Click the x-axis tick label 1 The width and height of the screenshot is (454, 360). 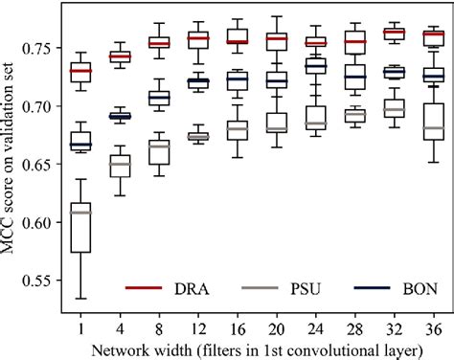(80, 326)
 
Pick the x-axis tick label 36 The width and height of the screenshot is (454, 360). (433, 326)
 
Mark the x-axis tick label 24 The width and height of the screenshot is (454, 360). (315, 326)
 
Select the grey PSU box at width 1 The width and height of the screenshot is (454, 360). (80, 229)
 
